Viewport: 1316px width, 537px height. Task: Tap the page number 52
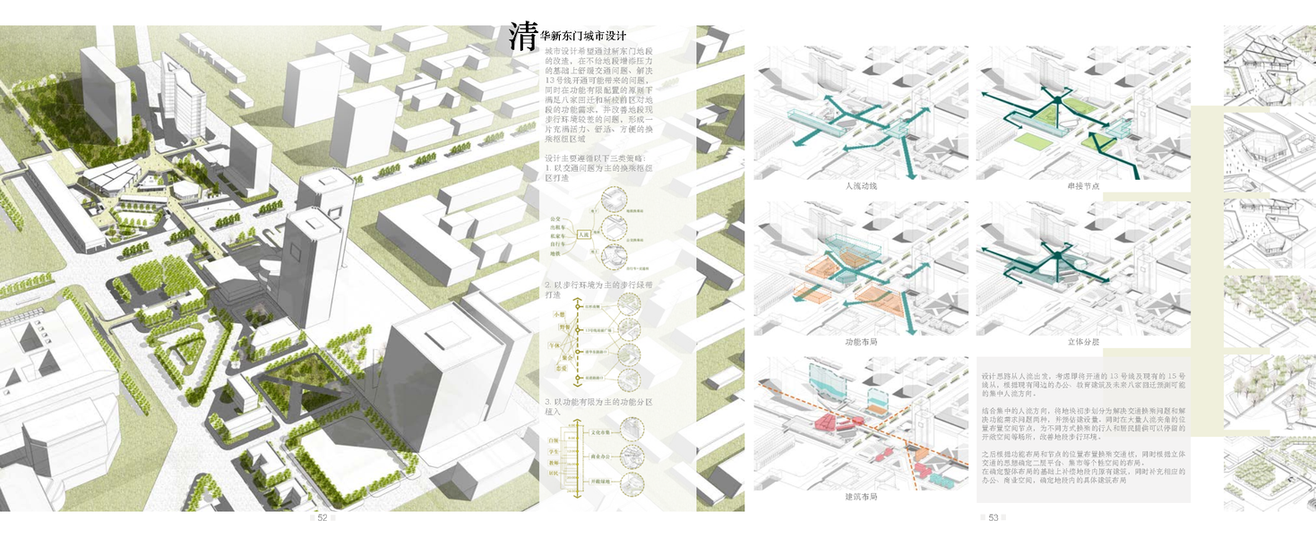tap(323, 517)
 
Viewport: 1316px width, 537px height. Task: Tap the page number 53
tap(993, 517)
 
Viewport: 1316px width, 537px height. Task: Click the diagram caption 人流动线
tap(860, 186)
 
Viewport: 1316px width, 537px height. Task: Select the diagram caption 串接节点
tap(1083, 186)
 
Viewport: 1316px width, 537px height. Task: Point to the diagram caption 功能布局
tap(860, 342)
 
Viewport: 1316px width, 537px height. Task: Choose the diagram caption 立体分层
tap(1083, 342)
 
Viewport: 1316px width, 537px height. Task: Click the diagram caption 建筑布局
tap(860, 497)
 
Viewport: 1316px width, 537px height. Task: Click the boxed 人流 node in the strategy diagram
tap(584, 235)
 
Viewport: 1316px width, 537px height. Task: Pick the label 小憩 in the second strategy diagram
tap(559, 314)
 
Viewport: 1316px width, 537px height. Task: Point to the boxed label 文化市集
tap(599, 431)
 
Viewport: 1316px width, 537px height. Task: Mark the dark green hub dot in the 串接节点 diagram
tap(1057, 100)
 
